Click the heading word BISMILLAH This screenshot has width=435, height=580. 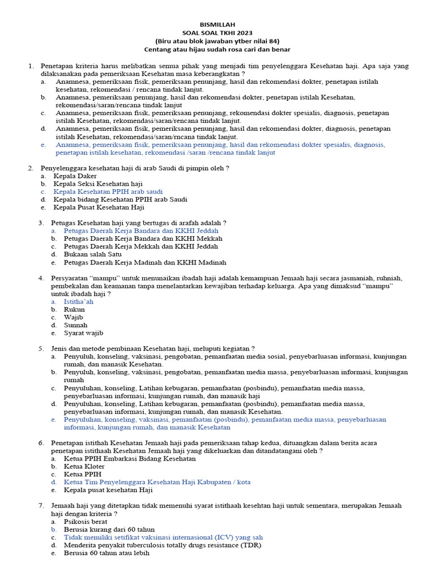click(x=217, y=25)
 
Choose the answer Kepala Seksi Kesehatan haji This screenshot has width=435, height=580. click(x=98, y=184)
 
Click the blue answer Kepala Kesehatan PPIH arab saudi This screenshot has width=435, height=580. click(x=108, y=191)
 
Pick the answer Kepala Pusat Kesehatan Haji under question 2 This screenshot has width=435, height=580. click(x=99, y=207)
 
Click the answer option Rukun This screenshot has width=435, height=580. click(x=74, y=310)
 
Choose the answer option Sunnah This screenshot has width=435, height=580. click(x=75, y=325)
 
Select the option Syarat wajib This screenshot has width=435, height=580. click(x=83, y=333)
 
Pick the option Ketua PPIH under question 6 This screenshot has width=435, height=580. click(x=83, y=474)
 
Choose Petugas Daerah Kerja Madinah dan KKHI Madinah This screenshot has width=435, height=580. click(x=144, y=262)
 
